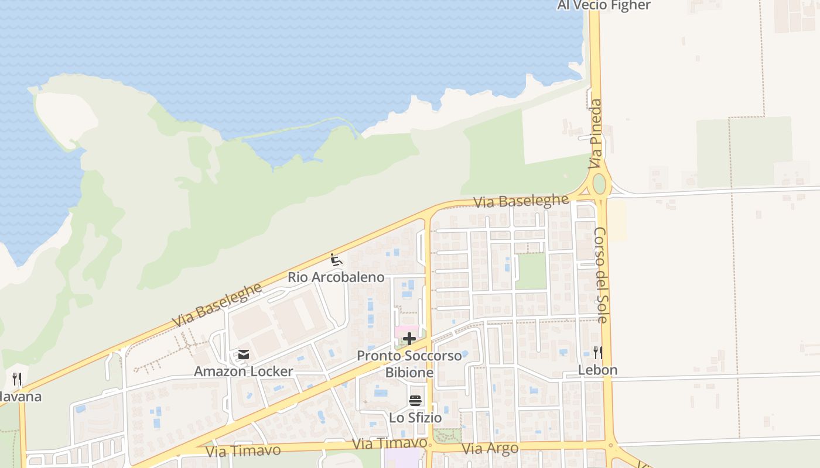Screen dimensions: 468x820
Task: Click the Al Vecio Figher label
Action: tap(603, 5)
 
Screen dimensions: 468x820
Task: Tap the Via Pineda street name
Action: tap(596, 134)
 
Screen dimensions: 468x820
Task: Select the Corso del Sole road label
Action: tap(601, 275)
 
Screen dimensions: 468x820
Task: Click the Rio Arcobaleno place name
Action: tap(336, 277)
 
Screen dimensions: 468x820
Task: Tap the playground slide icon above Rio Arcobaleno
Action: tap(336, 259)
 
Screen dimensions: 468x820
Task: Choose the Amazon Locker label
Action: tap(243, 371)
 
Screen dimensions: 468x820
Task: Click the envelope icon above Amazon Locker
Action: tap(243, 355)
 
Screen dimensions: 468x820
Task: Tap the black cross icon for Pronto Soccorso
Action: tap(409, 339)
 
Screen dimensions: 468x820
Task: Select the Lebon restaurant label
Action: tap(597, 370)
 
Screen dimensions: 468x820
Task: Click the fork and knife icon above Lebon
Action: tap(597, 352)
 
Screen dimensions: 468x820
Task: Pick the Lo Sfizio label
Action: tap(415, 418)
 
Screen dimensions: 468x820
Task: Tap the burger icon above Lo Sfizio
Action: tap(415, 401)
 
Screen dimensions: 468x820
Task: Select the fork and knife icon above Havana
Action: tap(17, 379)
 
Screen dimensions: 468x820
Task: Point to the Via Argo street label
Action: tap(490, 449)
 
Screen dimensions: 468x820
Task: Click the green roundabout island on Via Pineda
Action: tap(599, 183)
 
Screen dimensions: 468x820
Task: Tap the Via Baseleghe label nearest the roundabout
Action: tap(521, 201)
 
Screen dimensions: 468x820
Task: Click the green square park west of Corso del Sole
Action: tap(531, 271)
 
